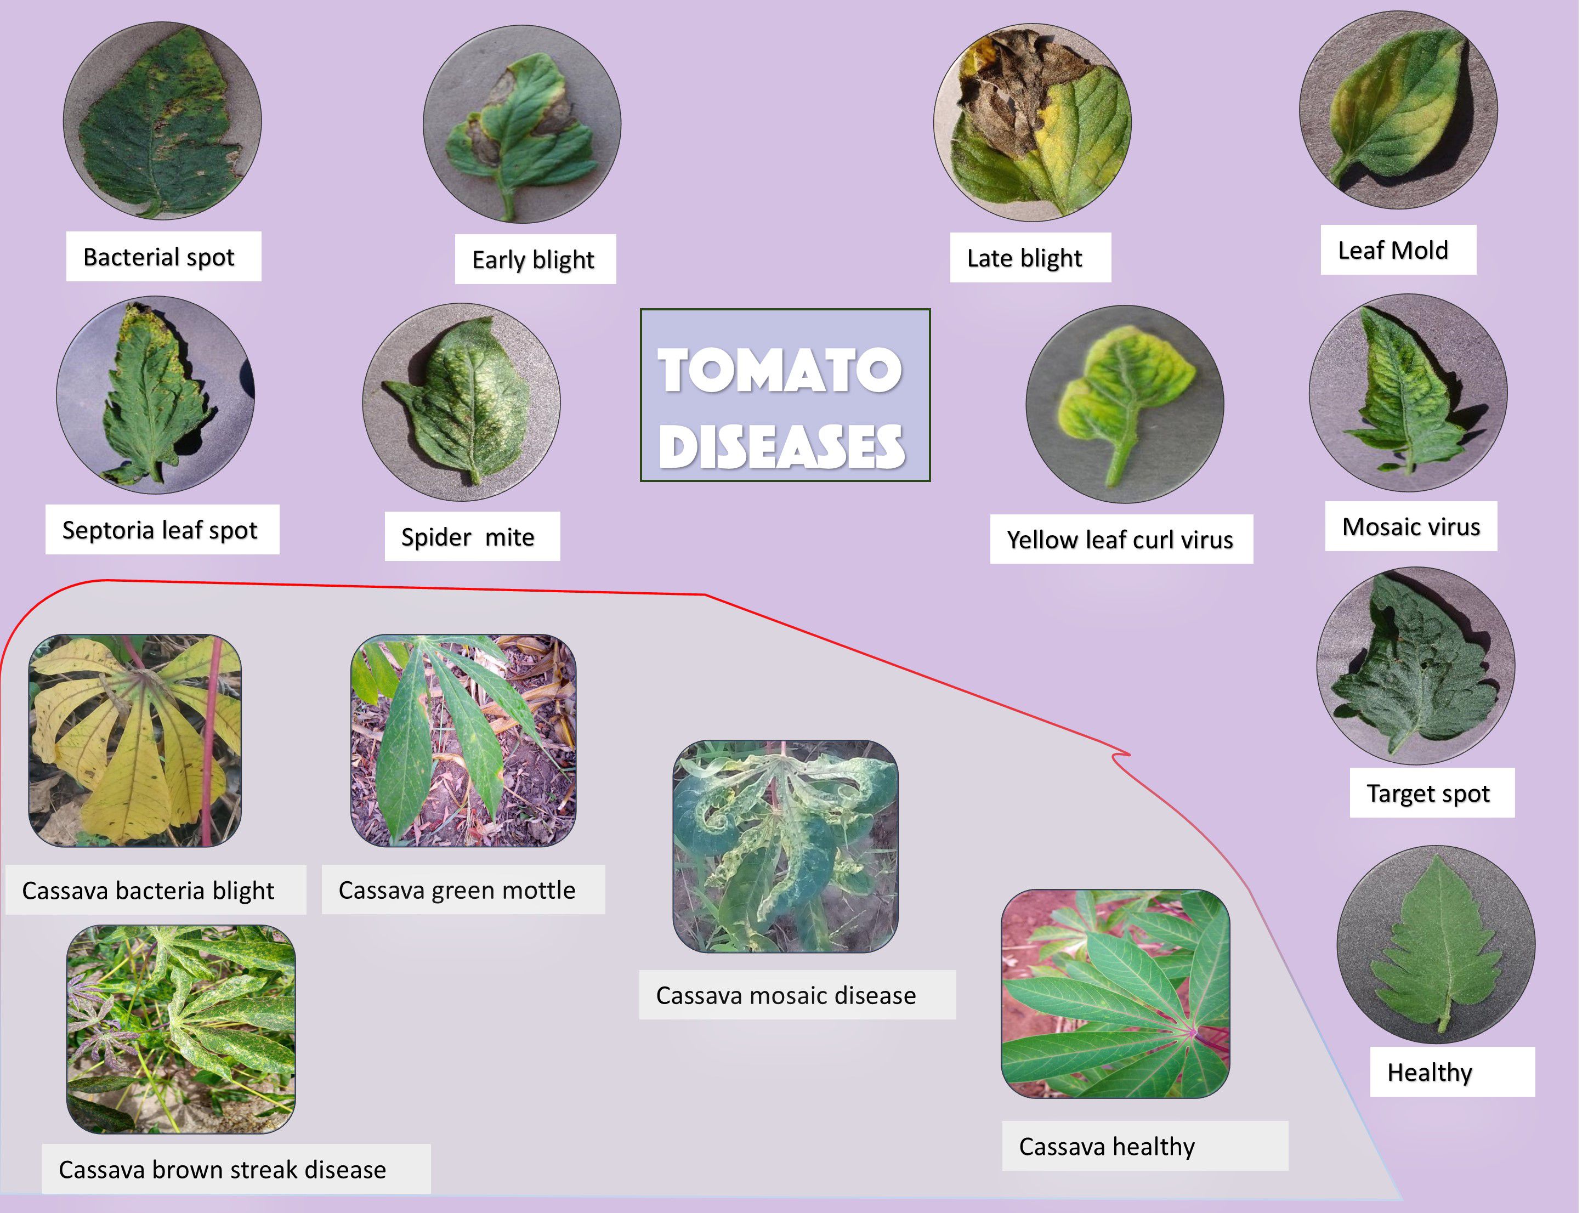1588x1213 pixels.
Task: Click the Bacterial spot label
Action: click(160, 257)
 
